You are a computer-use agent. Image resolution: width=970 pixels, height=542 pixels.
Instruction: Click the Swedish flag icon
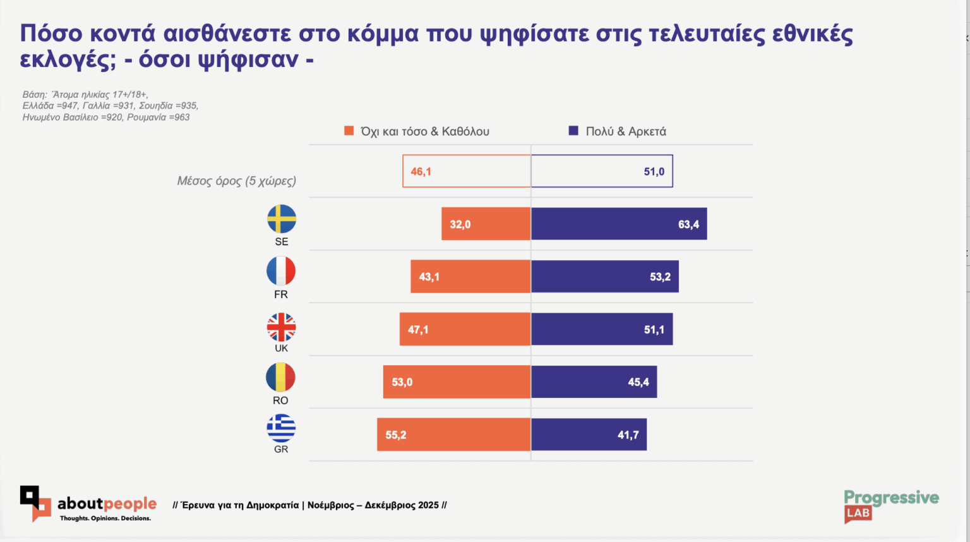tap(282, 219)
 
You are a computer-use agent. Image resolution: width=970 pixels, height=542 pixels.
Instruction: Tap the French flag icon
tap(281, 271)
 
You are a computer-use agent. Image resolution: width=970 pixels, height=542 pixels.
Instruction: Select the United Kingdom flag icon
tap(281, 327)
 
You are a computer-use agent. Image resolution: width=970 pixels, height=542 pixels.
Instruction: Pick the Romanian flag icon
tap(280, 378)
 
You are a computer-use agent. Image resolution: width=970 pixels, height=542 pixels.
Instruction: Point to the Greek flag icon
tap(281, 428)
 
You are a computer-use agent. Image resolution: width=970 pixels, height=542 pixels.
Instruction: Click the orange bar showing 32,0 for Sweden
tap(486, 224)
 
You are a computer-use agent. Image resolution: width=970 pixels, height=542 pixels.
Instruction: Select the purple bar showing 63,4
tap(619, 224)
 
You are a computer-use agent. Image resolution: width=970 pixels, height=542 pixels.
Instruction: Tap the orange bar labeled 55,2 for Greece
tap(453, 435)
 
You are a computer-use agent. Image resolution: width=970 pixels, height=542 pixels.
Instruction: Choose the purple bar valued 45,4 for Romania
tap(594, 382)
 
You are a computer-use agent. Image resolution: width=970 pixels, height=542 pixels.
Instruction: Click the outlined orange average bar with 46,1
tap(467, 171)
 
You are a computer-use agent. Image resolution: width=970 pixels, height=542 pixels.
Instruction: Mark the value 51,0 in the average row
tap(654, 172)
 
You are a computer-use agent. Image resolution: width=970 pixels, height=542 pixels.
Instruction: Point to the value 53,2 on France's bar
tap(660, 277)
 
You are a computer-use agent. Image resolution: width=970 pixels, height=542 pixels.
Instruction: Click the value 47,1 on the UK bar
tap(418, 330)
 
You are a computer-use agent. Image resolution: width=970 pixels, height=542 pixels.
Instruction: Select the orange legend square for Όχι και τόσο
tap(349, 131)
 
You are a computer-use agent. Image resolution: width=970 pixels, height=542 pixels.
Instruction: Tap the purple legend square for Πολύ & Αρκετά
tap(573, 131)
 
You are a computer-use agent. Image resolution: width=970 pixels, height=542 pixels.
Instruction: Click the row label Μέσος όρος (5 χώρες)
tap(236, 181)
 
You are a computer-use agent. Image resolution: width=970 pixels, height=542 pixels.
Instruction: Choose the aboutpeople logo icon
tap(35, 503)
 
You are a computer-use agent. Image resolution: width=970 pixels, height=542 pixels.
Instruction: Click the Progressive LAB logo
tap(890, 505)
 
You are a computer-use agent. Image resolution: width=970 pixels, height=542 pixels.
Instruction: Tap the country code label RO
tap(280, 400)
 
